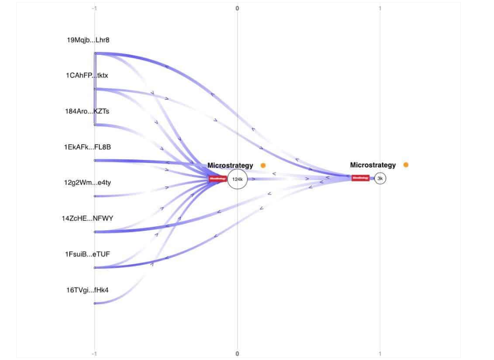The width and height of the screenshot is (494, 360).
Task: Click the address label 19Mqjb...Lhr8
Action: pos(88,40)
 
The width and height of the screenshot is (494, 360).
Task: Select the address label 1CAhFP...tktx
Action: pos(87,76)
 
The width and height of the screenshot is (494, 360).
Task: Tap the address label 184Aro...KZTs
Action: pos(88,111)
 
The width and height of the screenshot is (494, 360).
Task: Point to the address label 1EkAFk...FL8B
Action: pos(87,147)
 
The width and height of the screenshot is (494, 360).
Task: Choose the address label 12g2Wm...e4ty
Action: pos(87,183)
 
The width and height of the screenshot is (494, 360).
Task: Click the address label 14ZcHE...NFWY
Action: pos(88,218)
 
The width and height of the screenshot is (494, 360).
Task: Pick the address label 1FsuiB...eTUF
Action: pos(87,254)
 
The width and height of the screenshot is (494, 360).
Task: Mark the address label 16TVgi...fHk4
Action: pos(88,290)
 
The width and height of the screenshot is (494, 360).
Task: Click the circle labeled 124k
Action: pos(237,179)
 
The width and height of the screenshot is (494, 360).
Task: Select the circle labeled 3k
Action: pos(380,178)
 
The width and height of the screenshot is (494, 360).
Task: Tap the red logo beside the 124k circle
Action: pos(217,179)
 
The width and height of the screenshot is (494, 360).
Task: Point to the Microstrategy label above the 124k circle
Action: pos(230,165)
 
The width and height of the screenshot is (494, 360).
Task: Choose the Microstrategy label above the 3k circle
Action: pos(373,165)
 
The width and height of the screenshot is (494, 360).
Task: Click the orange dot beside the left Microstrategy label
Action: pos(263,165)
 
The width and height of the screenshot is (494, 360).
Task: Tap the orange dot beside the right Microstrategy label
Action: pos(406,165)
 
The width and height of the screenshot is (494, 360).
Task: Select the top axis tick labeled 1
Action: pos(380,8)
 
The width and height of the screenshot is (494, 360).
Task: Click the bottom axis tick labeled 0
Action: pos(237,354)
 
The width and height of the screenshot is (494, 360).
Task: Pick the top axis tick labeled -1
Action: pos(94,8)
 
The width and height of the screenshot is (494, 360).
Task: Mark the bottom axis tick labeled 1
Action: pos(380,354)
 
